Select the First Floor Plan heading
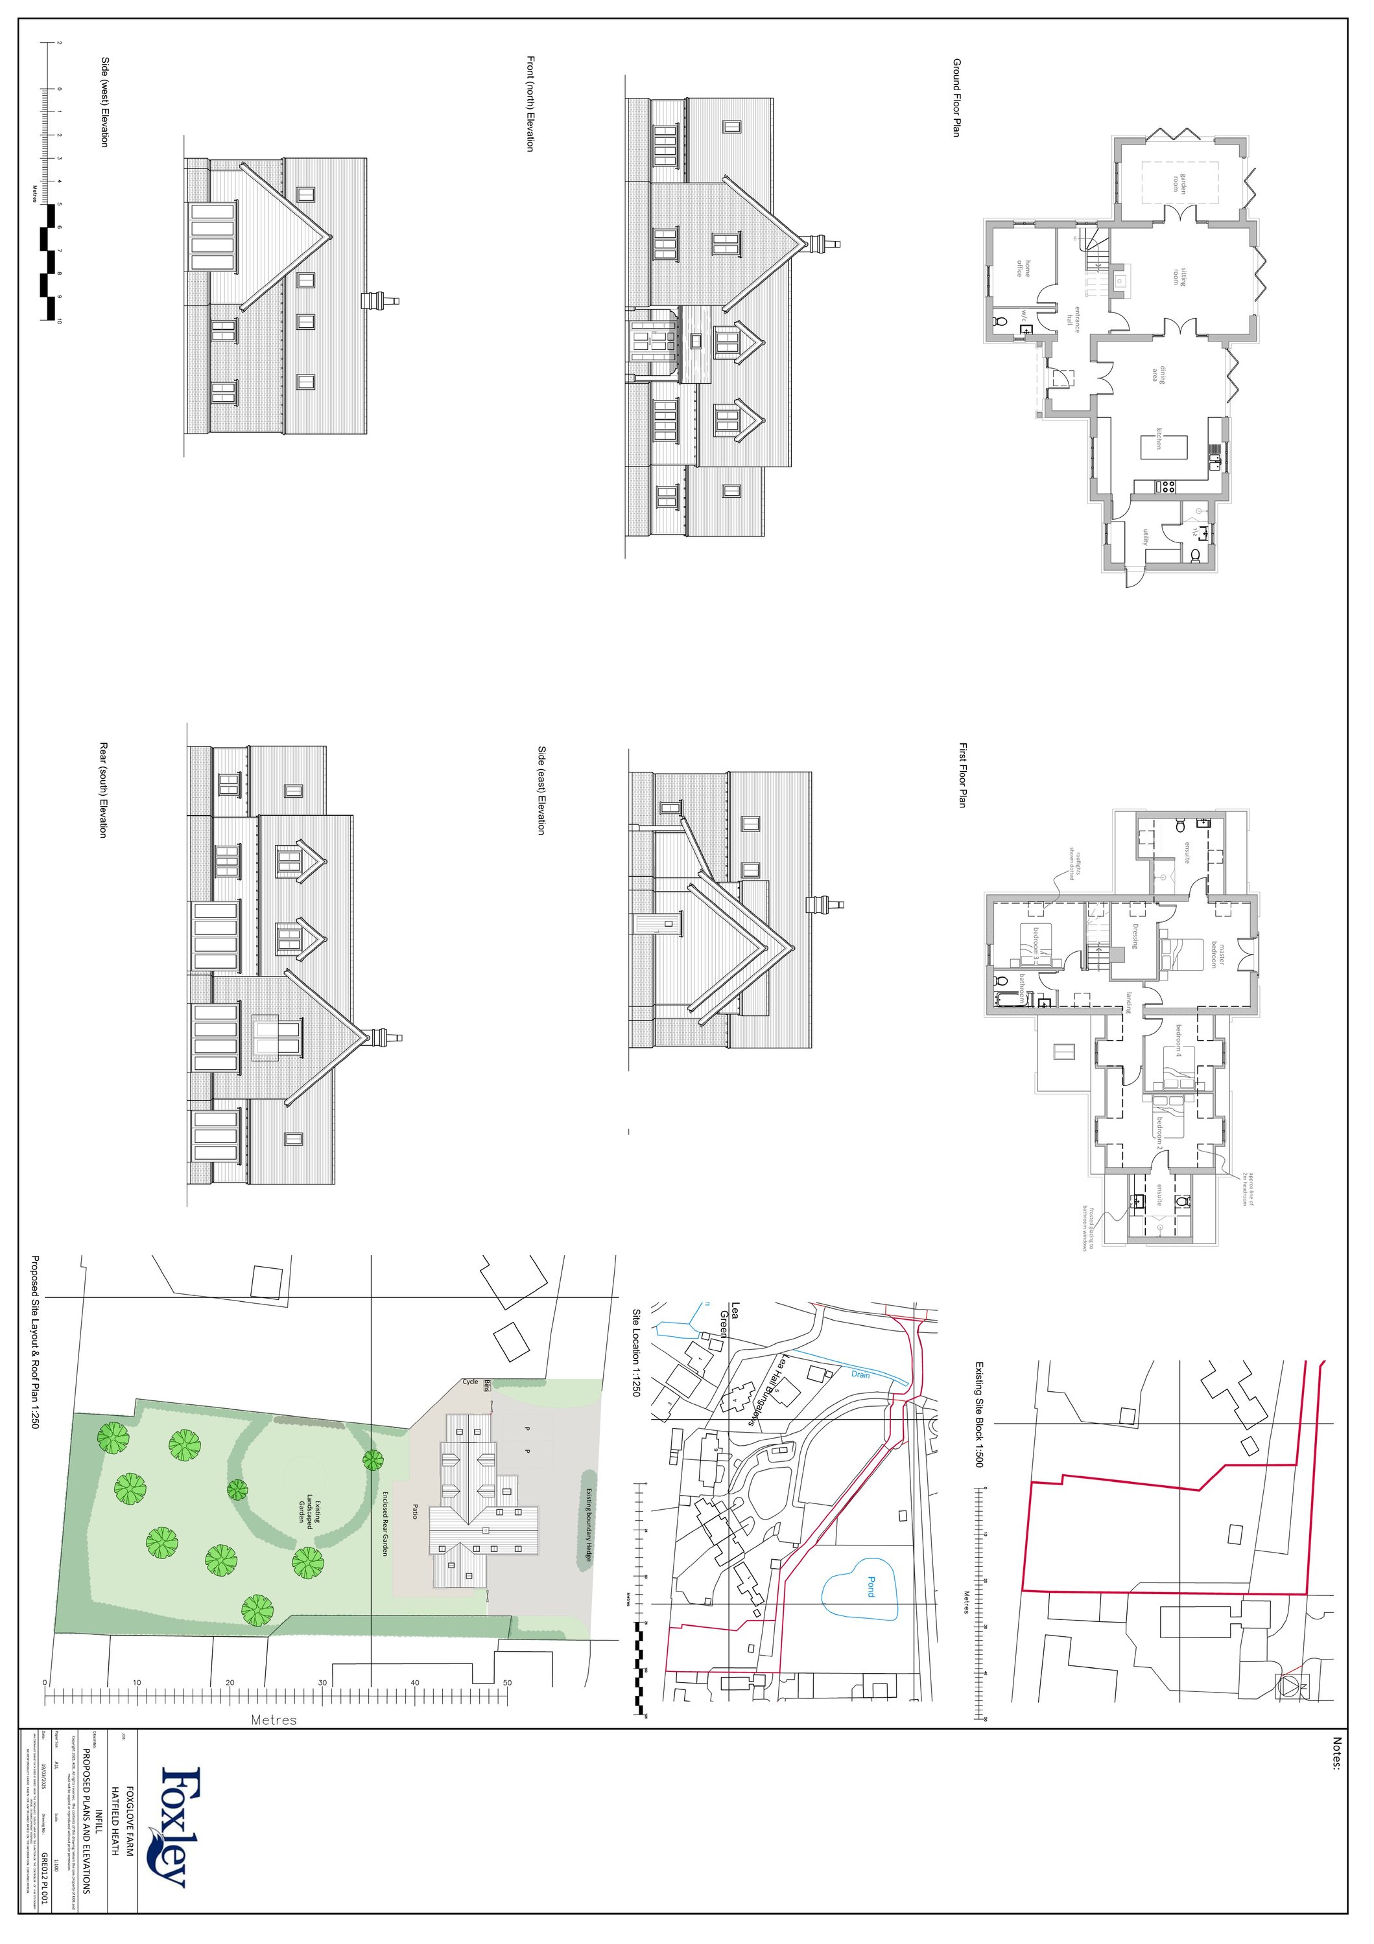[x=962, y=775]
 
